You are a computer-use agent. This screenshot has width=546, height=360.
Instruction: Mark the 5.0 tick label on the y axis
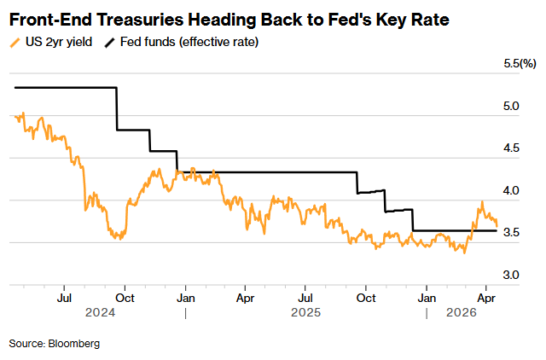tap(511, 106)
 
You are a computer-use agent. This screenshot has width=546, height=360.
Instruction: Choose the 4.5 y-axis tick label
tap(511, 148)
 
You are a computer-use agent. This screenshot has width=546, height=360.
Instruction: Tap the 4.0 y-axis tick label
tap(511, 190)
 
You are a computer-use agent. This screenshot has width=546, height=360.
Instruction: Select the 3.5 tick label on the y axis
tap(511, 233)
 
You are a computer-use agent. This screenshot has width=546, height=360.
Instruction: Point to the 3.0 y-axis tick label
tap(511, 275)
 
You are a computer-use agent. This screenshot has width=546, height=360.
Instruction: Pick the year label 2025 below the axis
tap(305, 313)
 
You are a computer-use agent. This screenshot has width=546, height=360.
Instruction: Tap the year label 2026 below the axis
tap(463, 313)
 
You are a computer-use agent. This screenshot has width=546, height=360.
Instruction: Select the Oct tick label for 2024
tap(124, 299)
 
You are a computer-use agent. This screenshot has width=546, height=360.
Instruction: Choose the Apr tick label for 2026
tap(485, 299)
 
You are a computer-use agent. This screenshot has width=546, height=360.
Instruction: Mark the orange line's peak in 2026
tap(482, 202)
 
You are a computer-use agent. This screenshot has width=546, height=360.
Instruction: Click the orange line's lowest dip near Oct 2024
tap(120, 239)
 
